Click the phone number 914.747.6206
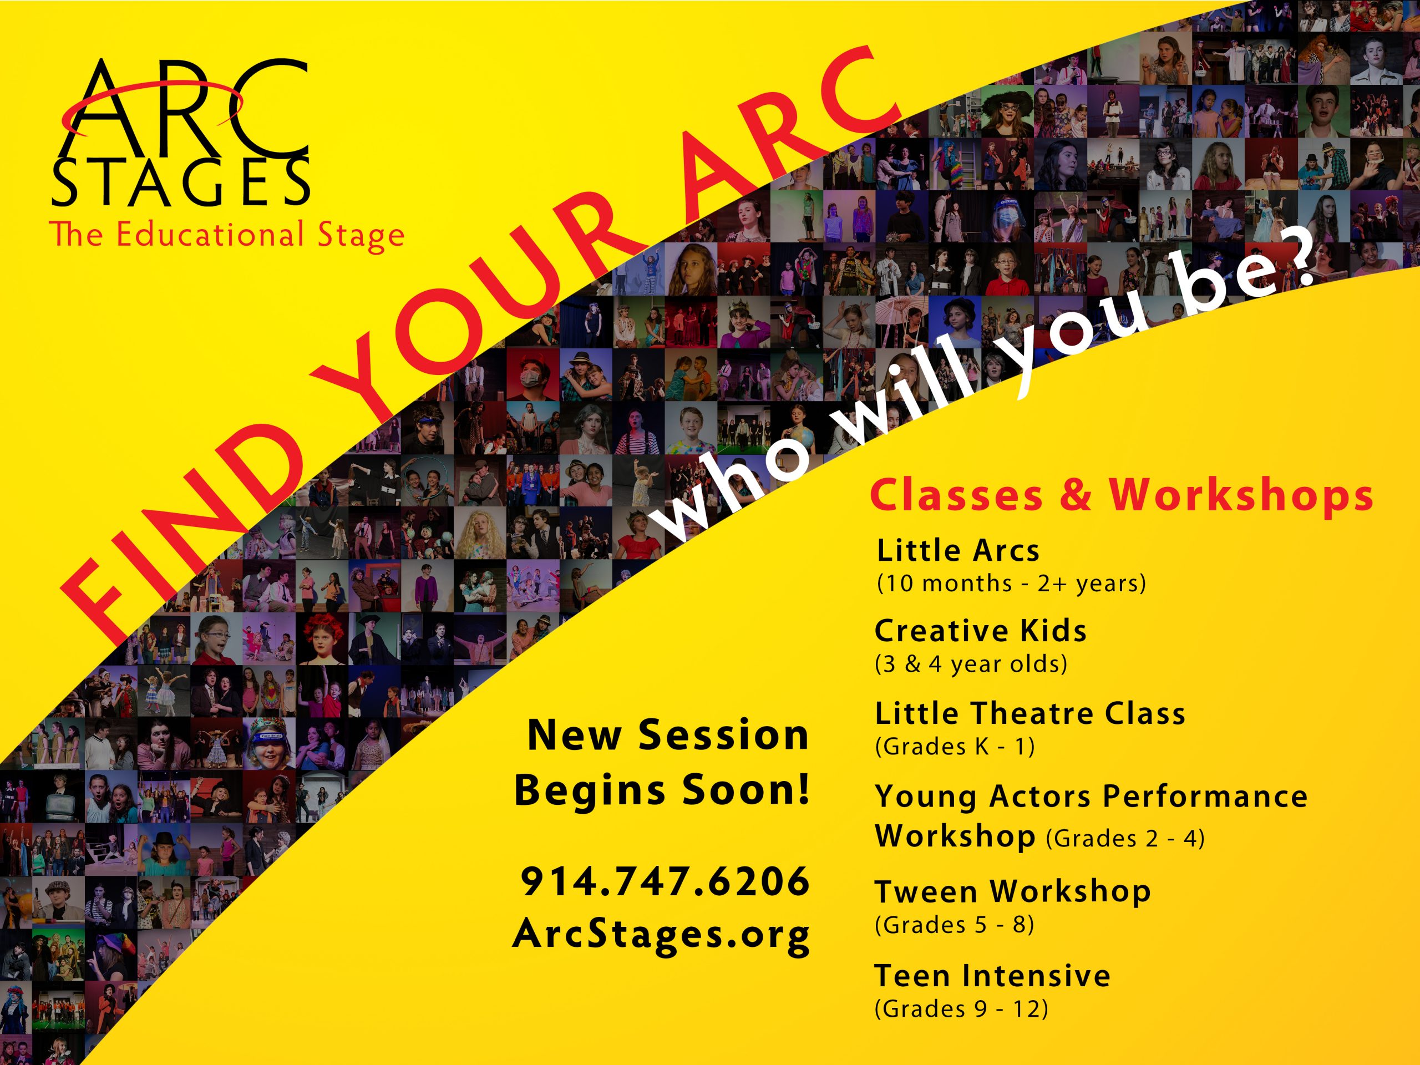coord(665,881)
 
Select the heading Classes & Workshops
coord(1122,495)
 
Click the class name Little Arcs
coord(958,551)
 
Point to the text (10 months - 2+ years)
coord(1011,584)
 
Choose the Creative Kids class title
coord(980,631)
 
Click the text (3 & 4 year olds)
coord(971,664)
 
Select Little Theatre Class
coord(1029,713)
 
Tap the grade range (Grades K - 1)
coord(955,747)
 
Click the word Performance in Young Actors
coord(1205,797)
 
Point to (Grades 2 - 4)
coord(1125,838)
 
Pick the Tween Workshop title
coord(1012,892)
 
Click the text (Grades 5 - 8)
coord(954,925)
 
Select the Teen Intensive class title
coord(992,976)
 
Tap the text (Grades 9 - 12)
coord(961,1009)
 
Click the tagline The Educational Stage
coord(227,235)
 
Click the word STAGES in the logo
coord(180,182)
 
